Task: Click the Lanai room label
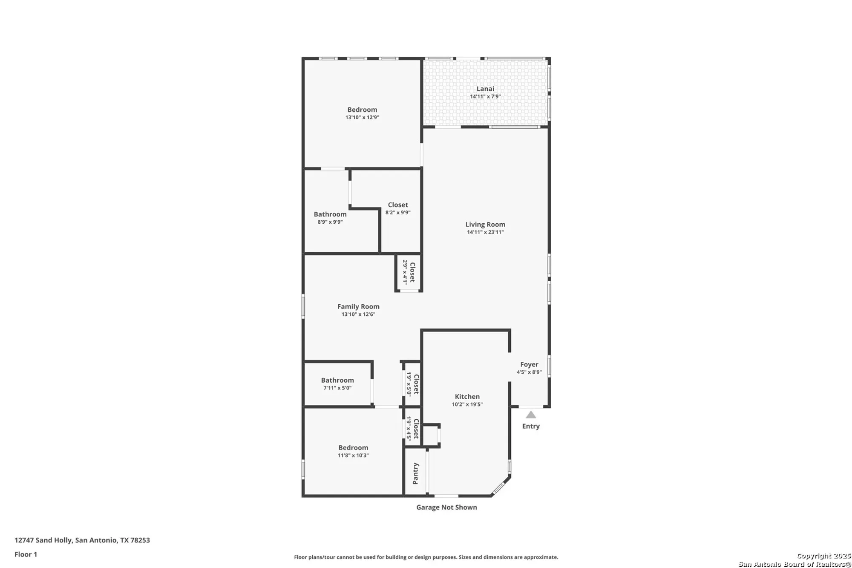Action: click(x=485, y=89)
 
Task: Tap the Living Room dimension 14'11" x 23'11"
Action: click(x=485, y=232)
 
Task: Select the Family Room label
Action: click(x=358, y=306)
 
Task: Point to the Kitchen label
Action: click(x=467, y=396)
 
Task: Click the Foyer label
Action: click(x=529, y=364)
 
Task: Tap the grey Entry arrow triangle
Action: click(x=531, y=415)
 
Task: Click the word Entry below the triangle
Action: click(x=531, y=426)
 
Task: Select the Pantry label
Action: click(x=416, y=473)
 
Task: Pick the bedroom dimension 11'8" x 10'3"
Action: click(x=353, y=456)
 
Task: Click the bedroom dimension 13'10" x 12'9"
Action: click(x=362, y=117)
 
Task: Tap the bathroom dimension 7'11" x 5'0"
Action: click(x=337, y=388)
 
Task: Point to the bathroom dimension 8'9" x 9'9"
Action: click(x=330, y=222)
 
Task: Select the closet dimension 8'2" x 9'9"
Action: click(x=398, y=212)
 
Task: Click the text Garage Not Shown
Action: click(x=446, y=507)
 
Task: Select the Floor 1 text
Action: click(x=26, y=554)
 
